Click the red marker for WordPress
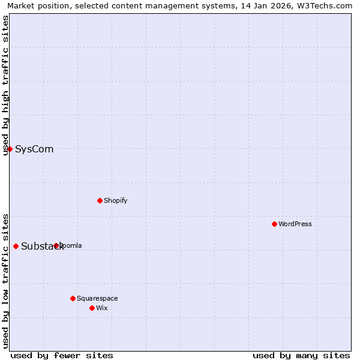pos(274,224)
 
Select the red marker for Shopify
pos(100,200)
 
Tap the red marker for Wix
pos(92,308)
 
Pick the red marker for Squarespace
pos(73,298)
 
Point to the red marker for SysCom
pos(10,149)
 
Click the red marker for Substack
pos(16,246)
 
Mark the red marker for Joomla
pos(56,245)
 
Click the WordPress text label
pos(295,224)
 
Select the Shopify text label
pos(115,200)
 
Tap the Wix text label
pos(102,308)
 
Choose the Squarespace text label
pos(97,298)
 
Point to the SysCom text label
pos(34,149)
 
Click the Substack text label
pos(42,246)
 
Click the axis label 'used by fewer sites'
pos(62,355)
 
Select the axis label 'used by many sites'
pos(301,355)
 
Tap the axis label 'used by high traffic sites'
pos(5,85)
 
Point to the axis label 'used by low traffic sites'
pos(5,281)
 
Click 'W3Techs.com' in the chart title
pos(326,5)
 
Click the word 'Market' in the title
pos(22,5)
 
